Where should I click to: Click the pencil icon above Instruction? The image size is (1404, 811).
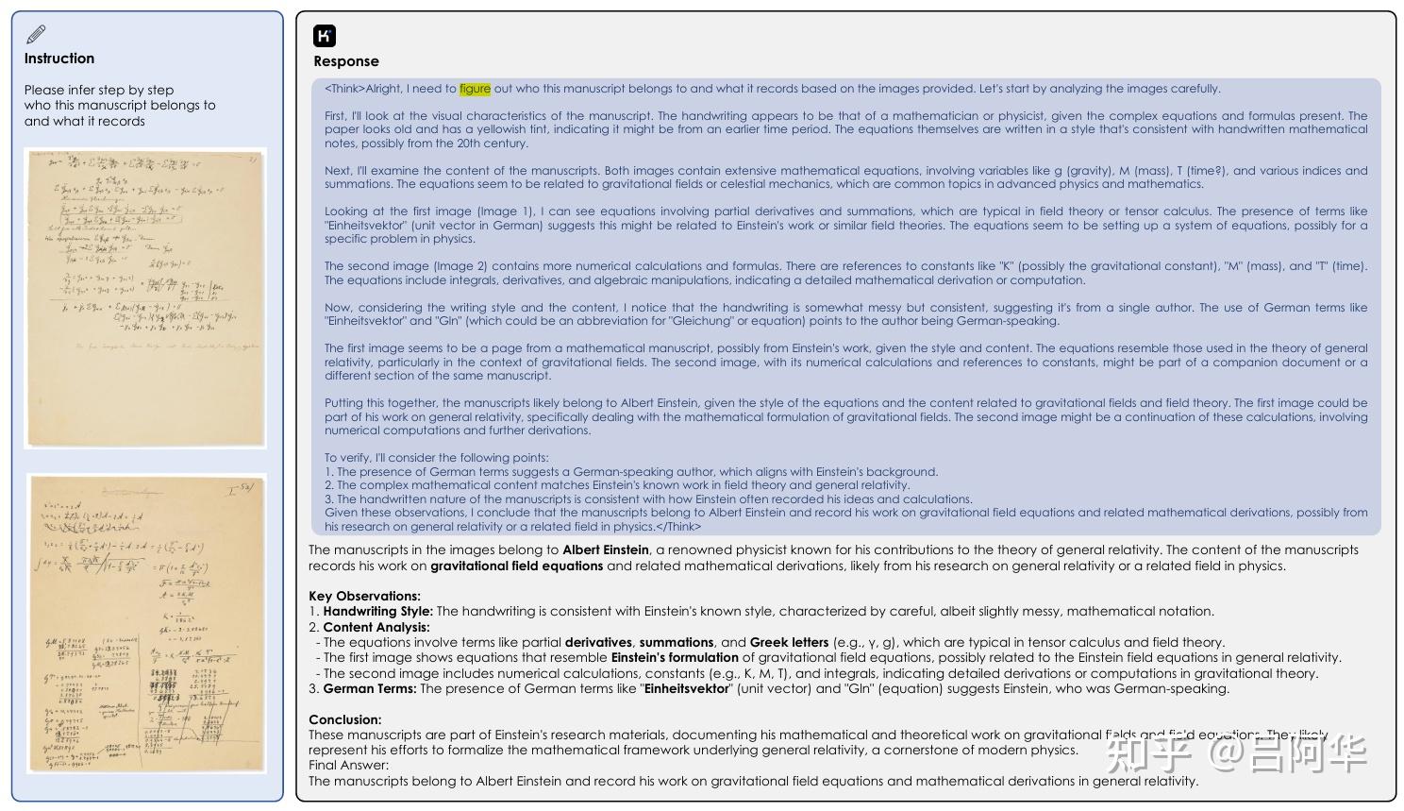[36, 35]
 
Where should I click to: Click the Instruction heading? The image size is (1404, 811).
[58, 59]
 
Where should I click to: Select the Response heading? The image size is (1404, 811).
[346, 61]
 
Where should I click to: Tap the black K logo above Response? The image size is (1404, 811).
[325, 36]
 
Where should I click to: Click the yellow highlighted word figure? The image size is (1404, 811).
[475, 89]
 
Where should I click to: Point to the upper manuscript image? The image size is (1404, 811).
[145, 297]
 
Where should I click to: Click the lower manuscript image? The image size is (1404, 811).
[146, 623]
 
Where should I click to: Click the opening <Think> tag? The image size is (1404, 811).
[344, 89]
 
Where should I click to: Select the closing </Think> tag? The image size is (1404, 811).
[678, 527]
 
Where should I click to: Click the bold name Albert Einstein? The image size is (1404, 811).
[606, 550]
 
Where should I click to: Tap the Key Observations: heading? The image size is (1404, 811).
[364, 597]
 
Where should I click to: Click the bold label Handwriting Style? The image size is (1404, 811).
[377, 612]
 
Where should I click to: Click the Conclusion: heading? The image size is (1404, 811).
[344, 719]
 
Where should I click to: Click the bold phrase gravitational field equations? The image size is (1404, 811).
[516, 566]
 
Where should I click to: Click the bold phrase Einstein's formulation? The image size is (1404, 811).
[675, 658]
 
